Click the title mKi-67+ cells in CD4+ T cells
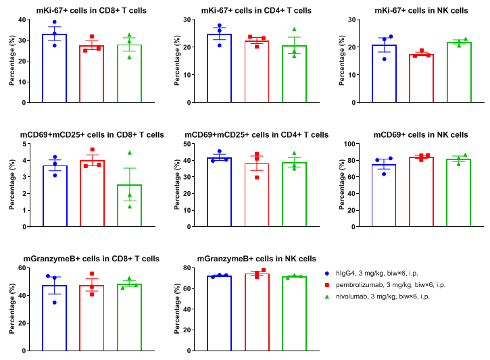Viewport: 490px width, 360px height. click(256, 11)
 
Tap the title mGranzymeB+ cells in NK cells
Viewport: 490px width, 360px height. click(256, 259)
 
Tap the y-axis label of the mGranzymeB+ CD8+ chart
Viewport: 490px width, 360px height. click(12, 309)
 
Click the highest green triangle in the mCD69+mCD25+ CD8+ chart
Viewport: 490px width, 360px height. click(129, 153)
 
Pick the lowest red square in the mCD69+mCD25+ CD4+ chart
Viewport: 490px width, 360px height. click(256, 177)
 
